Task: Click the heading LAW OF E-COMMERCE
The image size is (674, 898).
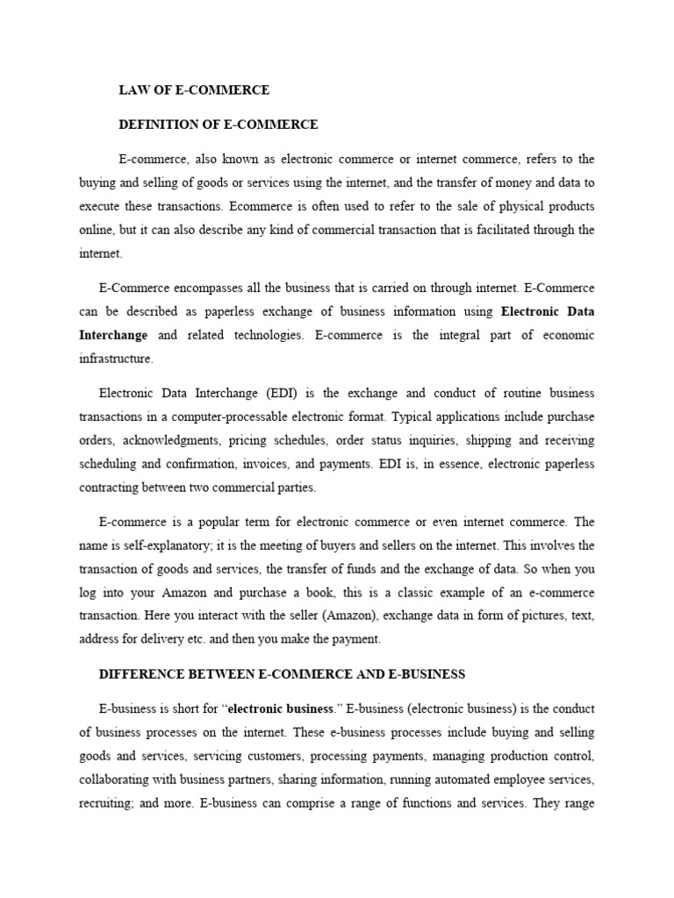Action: point(194,90)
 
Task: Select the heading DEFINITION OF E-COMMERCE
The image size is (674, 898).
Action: point(219,125)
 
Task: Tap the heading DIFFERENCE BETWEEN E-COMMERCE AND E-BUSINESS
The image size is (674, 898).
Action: point(282,674)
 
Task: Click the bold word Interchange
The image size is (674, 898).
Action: point(113,335)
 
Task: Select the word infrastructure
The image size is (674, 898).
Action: point(116,359)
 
